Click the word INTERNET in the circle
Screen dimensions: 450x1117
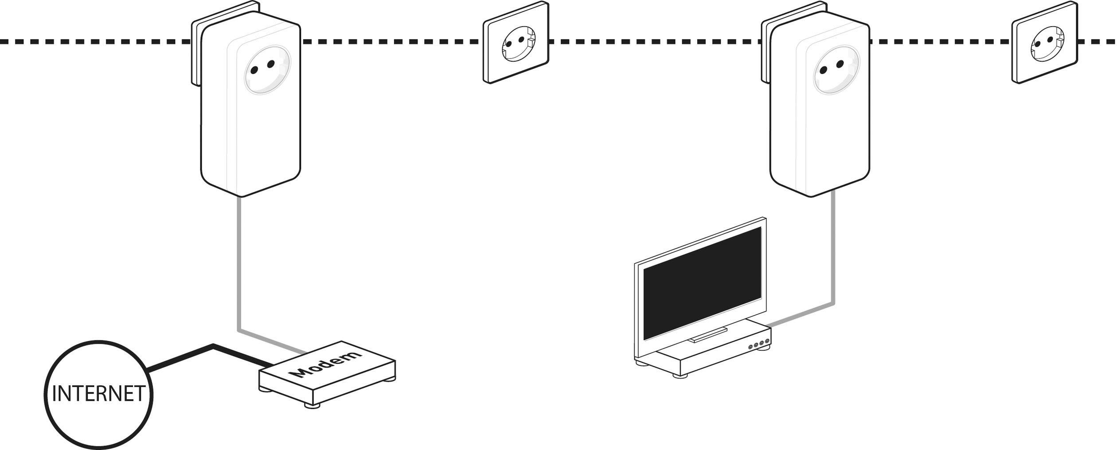click(x=98, y=394)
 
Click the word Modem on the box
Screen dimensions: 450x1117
click(x=328, y=364)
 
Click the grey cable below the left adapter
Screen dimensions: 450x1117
click(x=239, y=266)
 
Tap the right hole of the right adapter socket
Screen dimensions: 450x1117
click(x=840, y=65)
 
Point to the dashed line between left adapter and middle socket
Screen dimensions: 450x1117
click(x=390, y=42)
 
